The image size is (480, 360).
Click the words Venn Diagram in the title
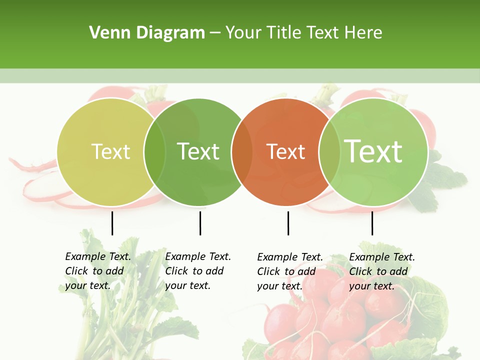tap(147, 33)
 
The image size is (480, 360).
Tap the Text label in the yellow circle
tap(110, 151)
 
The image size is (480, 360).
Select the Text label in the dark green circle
tap(198, 151)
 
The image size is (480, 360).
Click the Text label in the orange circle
tap(286, 152)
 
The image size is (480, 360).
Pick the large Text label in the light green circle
tap(373, 151)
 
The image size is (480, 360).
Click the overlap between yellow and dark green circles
tap(155, 152)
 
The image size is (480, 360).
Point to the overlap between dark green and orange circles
tap(242, 152)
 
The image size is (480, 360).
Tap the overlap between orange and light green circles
tap(329, 152)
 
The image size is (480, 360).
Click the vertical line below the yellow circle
tap(112, 223)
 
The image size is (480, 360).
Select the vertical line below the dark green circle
tap(200, 223)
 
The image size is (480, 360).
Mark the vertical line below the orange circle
tap(288, 223)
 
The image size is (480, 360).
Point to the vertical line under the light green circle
tap(372, 223)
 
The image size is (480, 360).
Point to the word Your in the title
tap(243, 33)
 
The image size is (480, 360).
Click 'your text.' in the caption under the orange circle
tap(279, 286)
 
